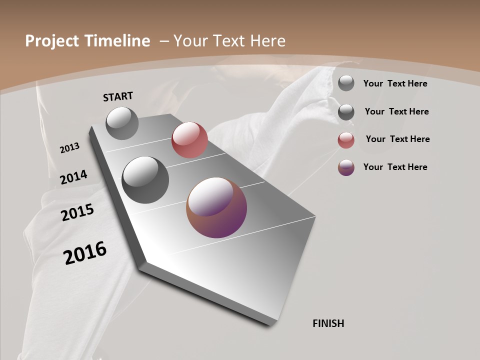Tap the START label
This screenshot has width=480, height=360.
point(118,96)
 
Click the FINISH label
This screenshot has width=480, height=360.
point(328,323)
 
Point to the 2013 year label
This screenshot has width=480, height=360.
point(69,148)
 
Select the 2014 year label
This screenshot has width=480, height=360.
point(73,177)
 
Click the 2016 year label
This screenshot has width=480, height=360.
point(85,253)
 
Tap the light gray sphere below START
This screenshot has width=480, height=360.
point(122,123)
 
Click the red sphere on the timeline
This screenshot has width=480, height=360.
point(189,140)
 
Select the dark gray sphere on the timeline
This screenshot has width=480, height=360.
point(145,180)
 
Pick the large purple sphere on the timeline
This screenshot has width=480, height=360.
point(216,207)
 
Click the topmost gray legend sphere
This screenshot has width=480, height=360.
point(346,83)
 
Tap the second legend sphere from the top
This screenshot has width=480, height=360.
point(346,112)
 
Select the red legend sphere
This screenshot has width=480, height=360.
point(346,140)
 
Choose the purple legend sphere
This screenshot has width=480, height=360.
point(346,167)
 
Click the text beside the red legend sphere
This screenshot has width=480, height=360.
point(397,139)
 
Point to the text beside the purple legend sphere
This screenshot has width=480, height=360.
point(395,167)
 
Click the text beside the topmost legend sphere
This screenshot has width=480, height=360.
point(395,83)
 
